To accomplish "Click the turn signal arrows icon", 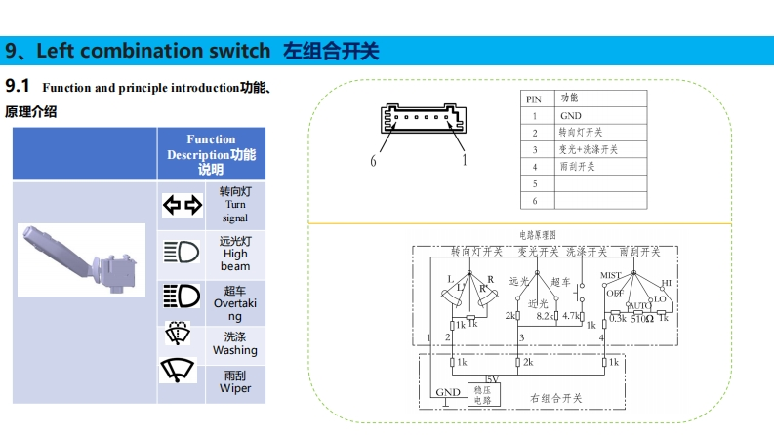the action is pyautogui.click(x=181, y=205).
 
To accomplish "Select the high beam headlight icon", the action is pyautogui.click(x=181, y=253).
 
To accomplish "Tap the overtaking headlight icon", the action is pyautogui.click(x=181, y=295).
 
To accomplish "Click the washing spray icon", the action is pyautogui.click(x=179, y=336).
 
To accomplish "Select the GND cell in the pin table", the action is pyautogui.click(x=570, y=115).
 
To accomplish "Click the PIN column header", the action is pyautogui.click(x=534, y=99).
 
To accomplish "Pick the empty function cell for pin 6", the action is pyautogui.click(x=599, y=200).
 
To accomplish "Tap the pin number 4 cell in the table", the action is pyautogui.click(x=535, y=166).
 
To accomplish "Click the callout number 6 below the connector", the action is pyautogui.click(x=372, y=161).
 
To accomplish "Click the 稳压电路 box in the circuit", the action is pyautogui.click(x=482, y=394).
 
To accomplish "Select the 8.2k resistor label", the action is pyautogui.click(x=547, y=316).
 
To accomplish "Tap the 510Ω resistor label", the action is pyautogui.click(x=641, y=317).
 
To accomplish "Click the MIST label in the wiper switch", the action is pyautogui.click(x=611, y=276).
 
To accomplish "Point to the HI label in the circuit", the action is pyautogui.click(x=667, y=284).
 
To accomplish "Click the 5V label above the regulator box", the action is pyautogui.click(x=493, y=378).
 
